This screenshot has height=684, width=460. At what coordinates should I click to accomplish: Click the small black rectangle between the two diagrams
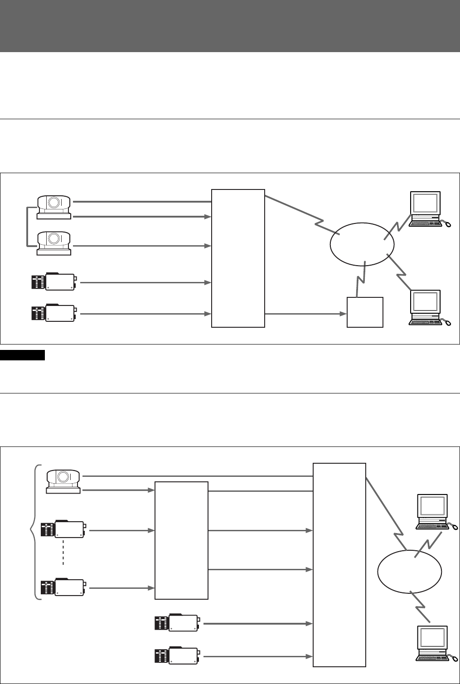23,355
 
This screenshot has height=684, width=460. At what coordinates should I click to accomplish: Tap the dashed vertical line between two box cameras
63,552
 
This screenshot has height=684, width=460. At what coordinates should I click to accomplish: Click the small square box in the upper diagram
365,312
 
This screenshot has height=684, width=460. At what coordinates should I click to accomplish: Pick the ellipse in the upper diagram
362,245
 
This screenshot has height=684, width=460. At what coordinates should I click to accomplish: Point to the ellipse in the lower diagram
409,572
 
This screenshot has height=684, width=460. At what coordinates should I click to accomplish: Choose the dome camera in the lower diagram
63,481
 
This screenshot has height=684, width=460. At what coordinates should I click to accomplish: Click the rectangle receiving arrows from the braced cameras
181,540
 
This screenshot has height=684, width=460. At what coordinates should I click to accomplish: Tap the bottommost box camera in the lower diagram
177,655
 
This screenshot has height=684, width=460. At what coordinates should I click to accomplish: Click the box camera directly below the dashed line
63,588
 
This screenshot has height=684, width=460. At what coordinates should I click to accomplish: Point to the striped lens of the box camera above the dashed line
48,530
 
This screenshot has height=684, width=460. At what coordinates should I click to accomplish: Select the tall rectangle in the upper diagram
238,258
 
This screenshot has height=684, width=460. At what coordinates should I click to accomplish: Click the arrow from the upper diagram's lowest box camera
145,314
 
